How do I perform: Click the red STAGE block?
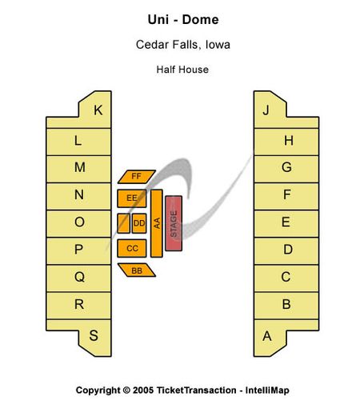click(174, 223)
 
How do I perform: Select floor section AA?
click(157, 223)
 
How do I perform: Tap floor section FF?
click(137, 177)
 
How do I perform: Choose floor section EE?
click(132, 198)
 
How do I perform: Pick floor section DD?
click(139, 223)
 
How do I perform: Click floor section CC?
click(132, 248)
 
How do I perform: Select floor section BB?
click(137, 270)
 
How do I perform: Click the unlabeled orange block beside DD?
click(124, 223)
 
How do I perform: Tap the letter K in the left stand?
click(98, 110)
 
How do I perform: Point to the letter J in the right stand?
click(266, 110)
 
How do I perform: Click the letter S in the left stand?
click(94, 335)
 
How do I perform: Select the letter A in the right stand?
click(267, 336)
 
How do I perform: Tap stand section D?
click(286, 250)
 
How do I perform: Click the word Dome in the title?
click(200, 20)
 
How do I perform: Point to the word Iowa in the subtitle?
click(218, 45)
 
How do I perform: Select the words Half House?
click(182, 70)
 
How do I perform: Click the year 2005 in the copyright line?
click(143, 390)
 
